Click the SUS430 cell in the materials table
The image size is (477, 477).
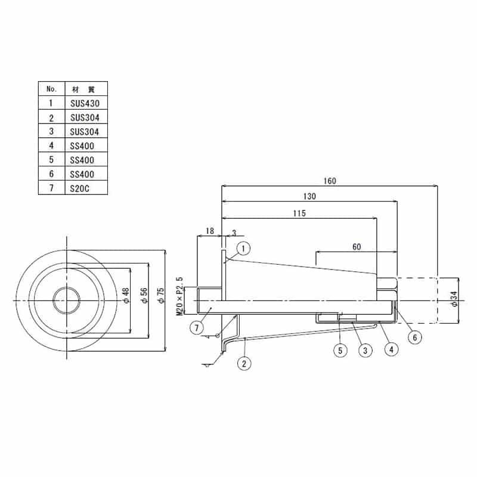(x=86, y=103)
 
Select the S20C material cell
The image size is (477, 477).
(x=86, y=188)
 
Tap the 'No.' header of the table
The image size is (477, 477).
(x=52, y=89)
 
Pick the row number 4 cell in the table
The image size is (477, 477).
(x=52, y=145)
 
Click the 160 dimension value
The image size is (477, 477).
(x=330, y=181)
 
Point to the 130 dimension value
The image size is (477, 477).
(x=309, y=196)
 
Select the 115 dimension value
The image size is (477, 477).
(x=299, y=213)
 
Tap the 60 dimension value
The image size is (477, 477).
(x=357, y=247)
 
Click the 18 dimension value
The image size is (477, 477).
(x=210, y=231)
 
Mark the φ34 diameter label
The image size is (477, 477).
(x=454, y=299)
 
